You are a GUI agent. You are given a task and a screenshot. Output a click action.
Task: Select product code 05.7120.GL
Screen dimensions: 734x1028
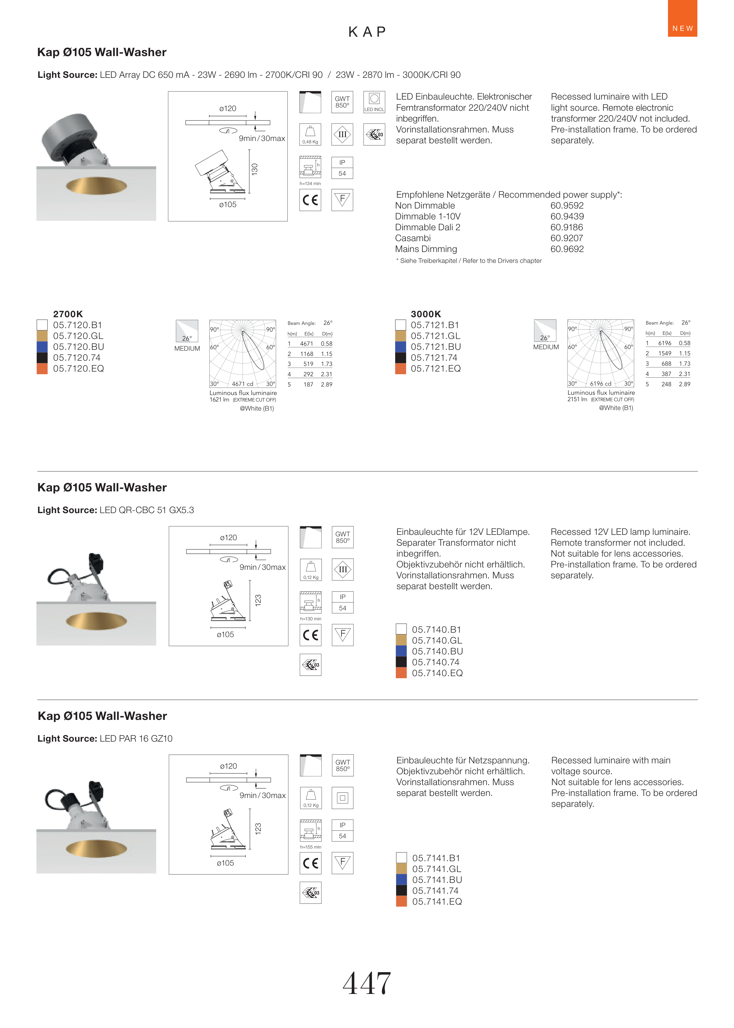point(78,336)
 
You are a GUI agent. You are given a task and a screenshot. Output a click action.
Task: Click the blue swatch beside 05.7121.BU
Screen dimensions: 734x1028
point(400,347)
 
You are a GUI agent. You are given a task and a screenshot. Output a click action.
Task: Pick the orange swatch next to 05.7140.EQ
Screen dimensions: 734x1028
point(401,673)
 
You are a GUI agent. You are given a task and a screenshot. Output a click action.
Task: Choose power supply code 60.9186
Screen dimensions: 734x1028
point(567,227)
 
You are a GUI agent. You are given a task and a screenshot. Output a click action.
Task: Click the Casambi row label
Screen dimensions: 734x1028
point(413,238)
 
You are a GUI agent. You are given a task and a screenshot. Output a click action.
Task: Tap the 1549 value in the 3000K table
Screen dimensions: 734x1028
point(664,354)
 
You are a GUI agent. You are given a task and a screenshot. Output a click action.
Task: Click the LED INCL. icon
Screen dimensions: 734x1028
point(374,102)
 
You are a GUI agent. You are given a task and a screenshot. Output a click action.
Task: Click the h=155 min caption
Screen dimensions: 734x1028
point(311,847)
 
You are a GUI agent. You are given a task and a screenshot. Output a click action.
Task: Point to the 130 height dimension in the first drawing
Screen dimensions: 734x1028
point(255,169)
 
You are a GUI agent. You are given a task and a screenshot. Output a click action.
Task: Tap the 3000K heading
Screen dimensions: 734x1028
point(426,314)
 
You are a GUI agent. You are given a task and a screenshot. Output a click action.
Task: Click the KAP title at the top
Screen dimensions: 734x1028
point(367,32)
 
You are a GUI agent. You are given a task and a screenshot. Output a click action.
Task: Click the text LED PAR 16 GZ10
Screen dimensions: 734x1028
point(136,739)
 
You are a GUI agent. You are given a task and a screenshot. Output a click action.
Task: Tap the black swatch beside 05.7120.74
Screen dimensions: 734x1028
point(42,357)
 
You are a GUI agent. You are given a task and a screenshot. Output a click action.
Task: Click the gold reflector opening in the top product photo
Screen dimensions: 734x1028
point(96,186)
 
